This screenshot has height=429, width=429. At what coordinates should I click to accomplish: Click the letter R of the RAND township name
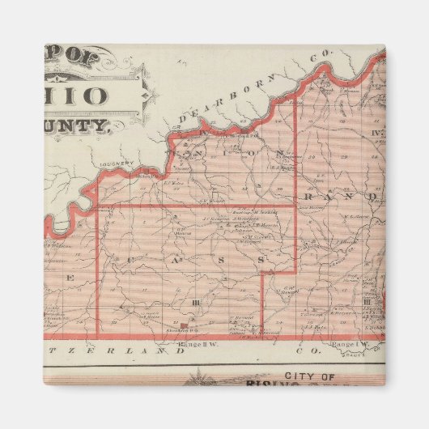(x=312, y=196)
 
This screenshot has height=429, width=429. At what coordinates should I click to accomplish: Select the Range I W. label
(x=341, y=346)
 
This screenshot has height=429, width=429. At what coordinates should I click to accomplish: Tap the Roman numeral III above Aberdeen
(x=195, y=303)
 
